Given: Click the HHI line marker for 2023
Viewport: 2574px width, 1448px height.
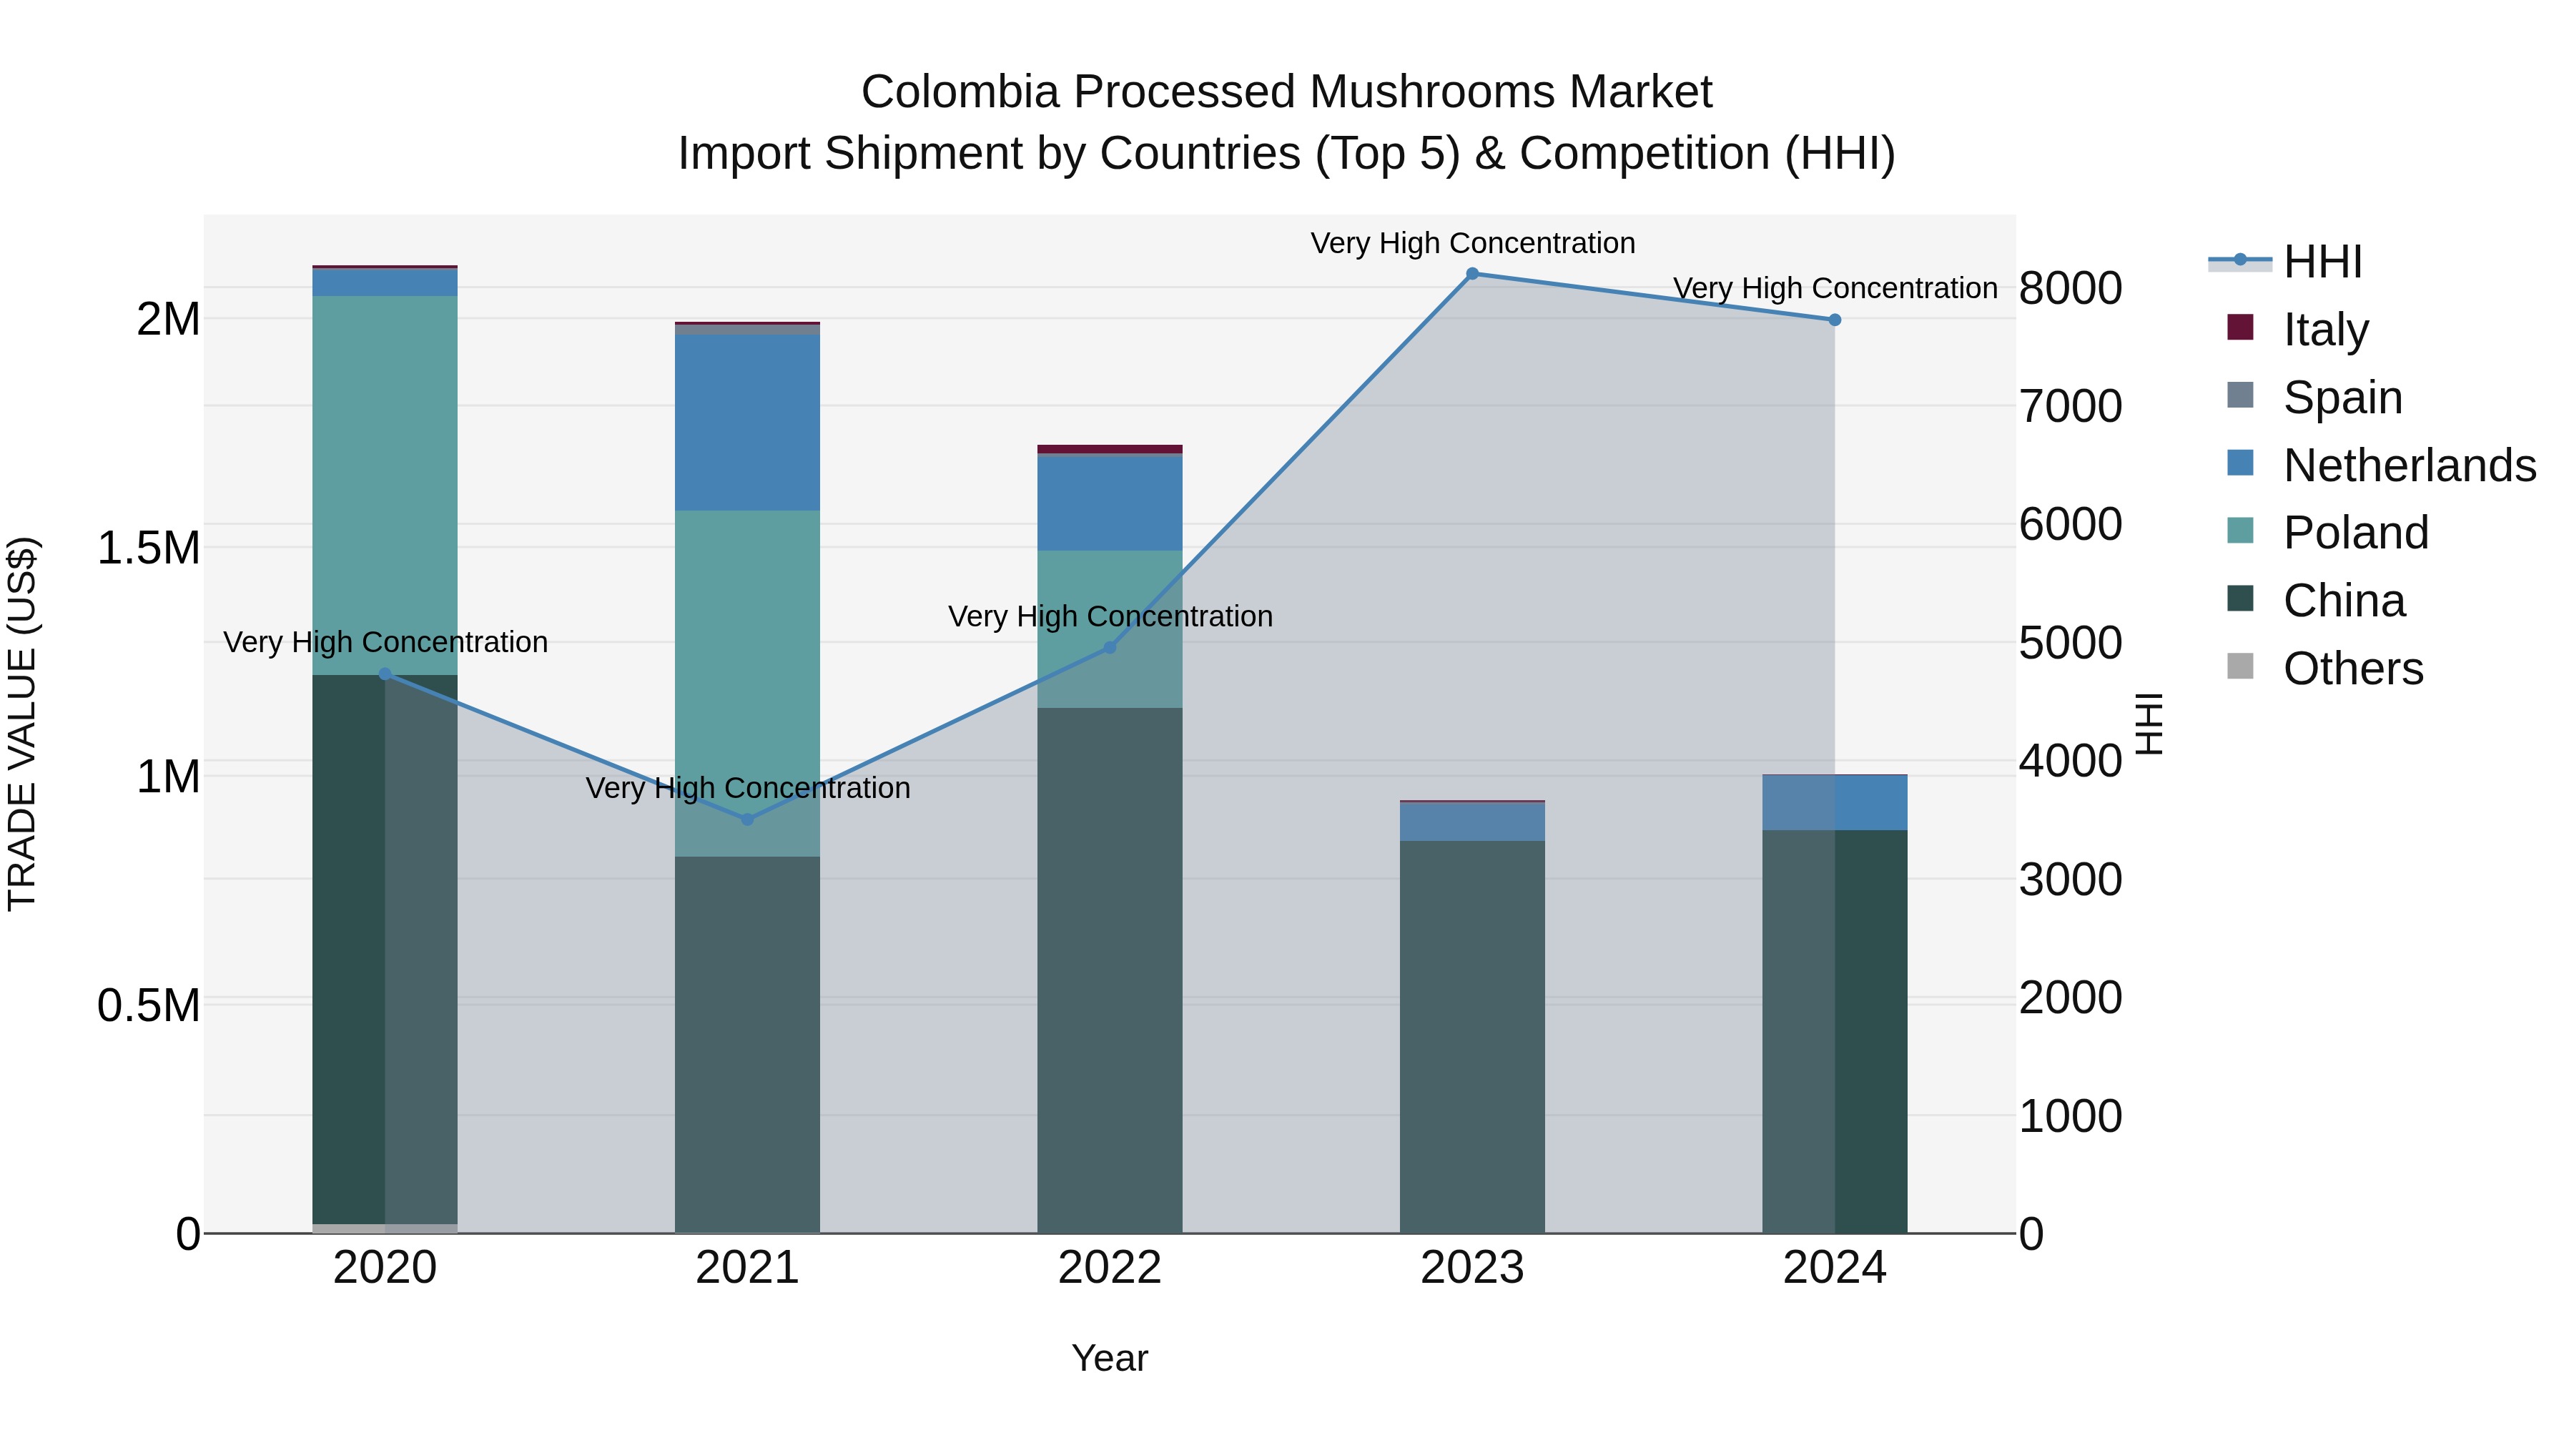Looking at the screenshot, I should coord(1472,274).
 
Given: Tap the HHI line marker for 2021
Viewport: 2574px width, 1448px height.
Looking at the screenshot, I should coord(747,819).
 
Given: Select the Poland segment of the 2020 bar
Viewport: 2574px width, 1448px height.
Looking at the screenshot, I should coord(385,485).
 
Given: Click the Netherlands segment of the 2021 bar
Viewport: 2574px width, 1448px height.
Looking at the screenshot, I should coord(747,422).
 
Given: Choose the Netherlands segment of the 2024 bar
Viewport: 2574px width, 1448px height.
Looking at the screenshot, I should coord(1835,802).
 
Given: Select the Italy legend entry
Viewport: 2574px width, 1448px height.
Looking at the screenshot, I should coord(2325,329).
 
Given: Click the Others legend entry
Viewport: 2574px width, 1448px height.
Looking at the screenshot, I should coord(2352,669).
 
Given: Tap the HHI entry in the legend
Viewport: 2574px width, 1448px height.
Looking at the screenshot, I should coord(2322,262).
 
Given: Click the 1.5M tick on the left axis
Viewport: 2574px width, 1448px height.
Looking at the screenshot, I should coord(148,548).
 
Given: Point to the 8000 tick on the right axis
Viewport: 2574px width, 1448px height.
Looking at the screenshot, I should coord(2069,289).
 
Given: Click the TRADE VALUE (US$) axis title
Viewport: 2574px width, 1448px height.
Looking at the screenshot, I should coord(22,724).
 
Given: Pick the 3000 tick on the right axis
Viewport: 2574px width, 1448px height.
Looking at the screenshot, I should coord(2069,880).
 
